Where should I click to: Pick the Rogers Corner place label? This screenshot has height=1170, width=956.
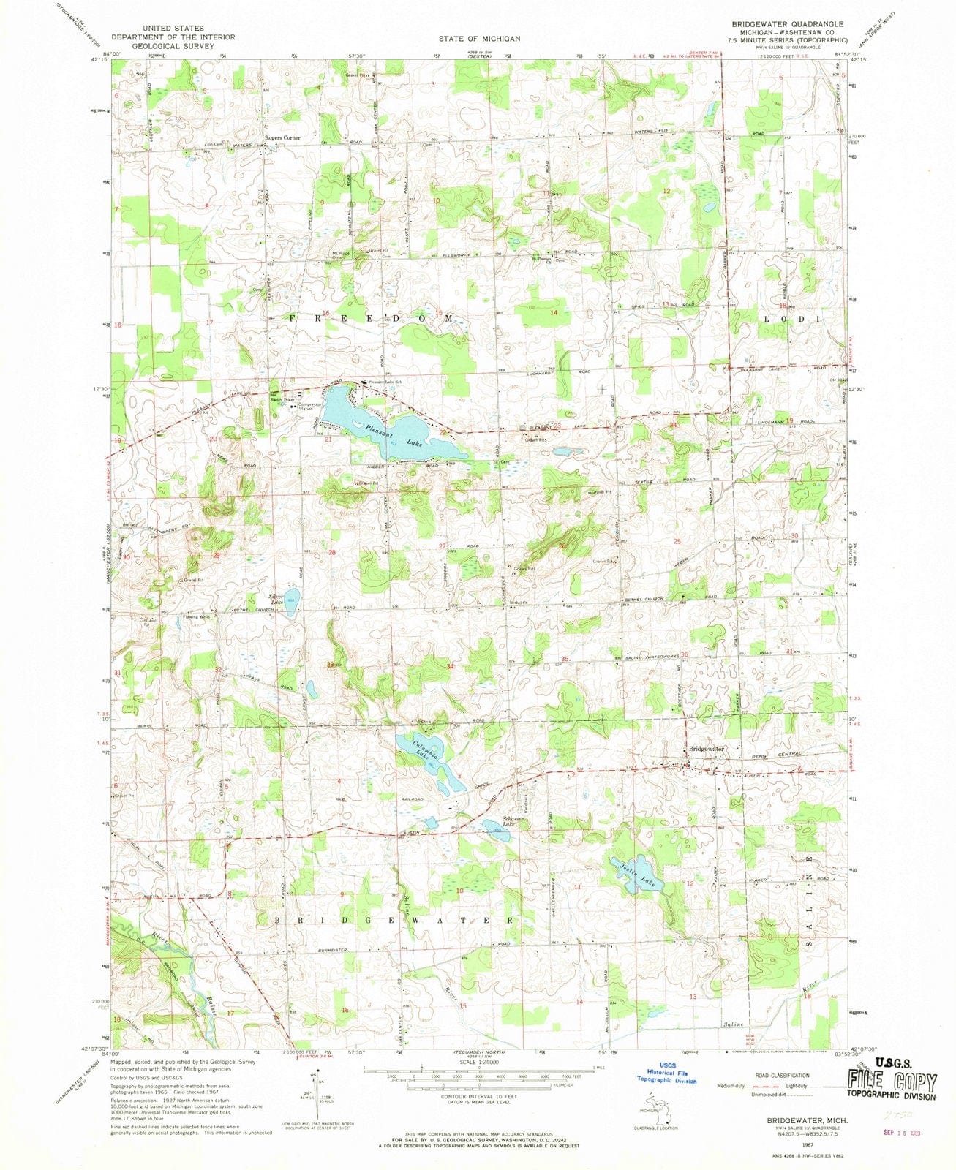(x=282, y=137)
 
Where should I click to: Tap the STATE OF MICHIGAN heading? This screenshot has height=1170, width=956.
(x=480, y=38)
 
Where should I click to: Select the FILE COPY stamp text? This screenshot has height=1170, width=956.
(x=892, y=1082)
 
